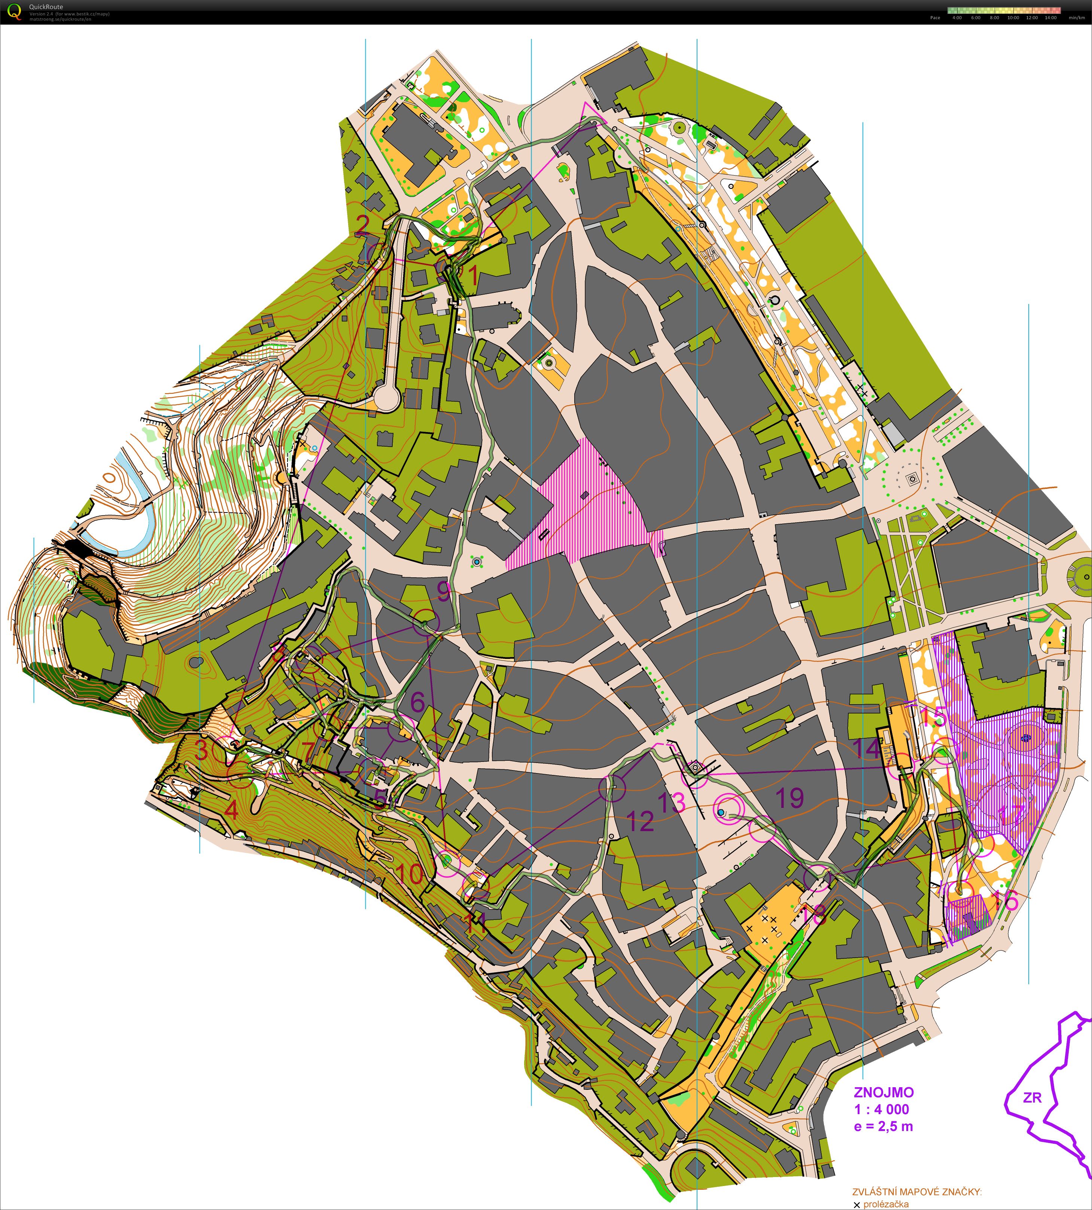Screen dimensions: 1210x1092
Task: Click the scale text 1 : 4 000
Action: coord(881,1109)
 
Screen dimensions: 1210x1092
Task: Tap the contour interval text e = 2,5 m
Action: coord(883,1126)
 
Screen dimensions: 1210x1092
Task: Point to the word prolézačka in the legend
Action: coord(886,1187)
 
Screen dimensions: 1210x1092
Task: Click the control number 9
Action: coord(443,592)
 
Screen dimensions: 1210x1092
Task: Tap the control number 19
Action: coord(790,798)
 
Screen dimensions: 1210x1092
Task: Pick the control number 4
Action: coord(231,811)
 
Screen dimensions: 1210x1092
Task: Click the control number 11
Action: coord(477,923)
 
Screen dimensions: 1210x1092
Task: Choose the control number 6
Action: coord(418,702)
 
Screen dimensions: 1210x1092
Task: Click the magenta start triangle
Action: coord(590,116)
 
